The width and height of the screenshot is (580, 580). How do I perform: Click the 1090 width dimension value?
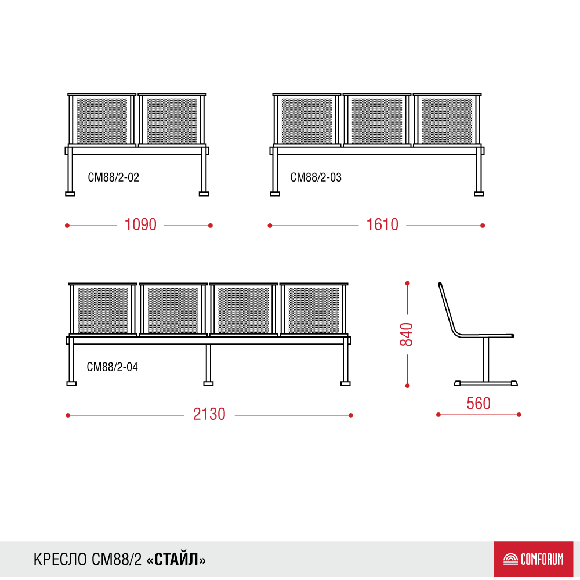tap(140, 224)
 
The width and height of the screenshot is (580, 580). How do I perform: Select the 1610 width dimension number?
tap(382, 224)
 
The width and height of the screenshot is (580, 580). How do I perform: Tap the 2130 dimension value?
tap(209, 414)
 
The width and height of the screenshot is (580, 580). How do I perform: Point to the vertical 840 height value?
tap(407, 335)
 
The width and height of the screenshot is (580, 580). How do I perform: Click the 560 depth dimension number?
tap(478, 404)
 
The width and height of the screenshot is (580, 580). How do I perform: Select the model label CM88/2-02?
tap(113, 177)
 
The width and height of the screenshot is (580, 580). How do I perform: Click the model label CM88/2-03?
tap(316, 177)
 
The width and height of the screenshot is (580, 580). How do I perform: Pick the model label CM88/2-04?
tap(112, 367)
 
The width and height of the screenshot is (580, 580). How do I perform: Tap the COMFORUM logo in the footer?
tap(533, 559)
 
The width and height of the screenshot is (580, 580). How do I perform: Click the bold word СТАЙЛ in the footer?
tap(176, 560)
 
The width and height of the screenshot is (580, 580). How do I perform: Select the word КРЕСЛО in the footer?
tap(60, 560)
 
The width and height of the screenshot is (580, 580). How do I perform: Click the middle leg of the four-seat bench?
tap(208, 365)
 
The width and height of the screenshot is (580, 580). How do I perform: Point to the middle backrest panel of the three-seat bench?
tap(377, 120)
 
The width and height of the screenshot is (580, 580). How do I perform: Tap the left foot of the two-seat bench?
tap(70, 194)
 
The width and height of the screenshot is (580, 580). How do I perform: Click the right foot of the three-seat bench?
tap(479, 194)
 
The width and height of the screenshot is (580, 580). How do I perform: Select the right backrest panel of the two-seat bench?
tap(172, 120)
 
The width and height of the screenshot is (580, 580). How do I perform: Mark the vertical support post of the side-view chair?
tap(485, 359)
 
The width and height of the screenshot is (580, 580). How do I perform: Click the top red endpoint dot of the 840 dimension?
tap(407, 284)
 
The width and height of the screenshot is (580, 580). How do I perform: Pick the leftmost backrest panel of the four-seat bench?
tap(103, 310)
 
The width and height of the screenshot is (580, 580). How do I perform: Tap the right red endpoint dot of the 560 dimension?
tap(519, 415)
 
